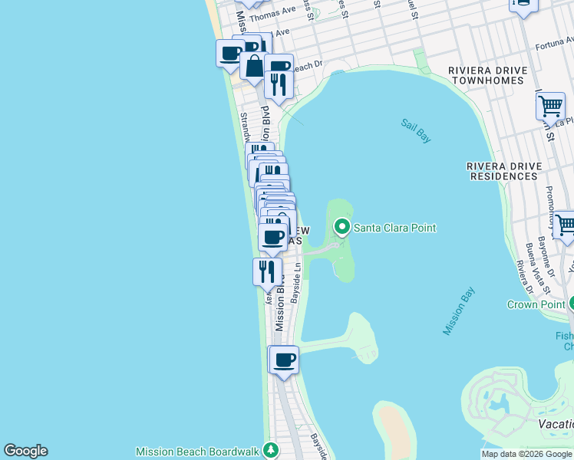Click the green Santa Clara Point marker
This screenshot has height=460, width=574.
341,227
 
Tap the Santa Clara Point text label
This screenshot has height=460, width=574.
394,228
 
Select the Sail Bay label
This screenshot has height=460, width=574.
416,130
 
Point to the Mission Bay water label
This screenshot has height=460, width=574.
459,310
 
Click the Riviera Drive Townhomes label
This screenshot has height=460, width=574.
488,76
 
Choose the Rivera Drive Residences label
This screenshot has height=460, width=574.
503,171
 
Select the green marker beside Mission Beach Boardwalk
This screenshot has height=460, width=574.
269,449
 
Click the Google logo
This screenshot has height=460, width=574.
25,451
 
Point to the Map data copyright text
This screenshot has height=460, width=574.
526,454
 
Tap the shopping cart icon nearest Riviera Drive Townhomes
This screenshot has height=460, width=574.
550,107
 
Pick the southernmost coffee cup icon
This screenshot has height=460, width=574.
284,359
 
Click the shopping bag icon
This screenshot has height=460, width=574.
252,66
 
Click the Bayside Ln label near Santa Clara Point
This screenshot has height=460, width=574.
298,282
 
